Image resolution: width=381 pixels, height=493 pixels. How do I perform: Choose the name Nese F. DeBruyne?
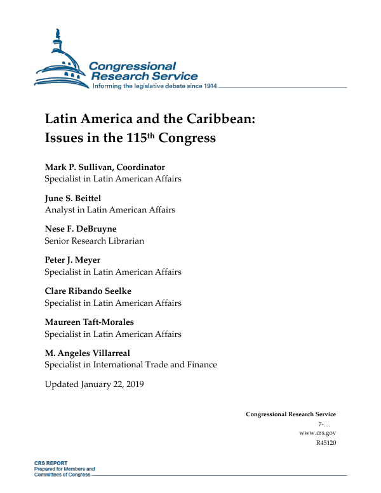(x=81, y=228)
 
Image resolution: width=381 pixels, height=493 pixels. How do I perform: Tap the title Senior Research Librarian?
(x=94, y=240)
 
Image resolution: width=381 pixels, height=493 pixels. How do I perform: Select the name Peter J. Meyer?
(x=72, y=260)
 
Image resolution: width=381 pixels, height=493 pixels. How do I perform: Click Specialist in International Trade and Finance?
(x=130, y=365)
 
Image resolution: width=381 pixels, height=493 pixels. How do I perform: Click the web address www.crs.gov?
(x=317, y=432)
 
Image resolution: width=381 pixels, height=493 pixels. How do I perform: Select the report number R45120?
(x=326, y=442)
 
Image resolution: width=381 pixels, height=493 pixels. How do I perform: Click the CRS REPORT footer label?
(x=51, y=463)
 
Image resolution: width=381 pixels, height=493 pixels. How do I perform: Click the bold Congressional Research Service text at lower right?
(x=291, y=414)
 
